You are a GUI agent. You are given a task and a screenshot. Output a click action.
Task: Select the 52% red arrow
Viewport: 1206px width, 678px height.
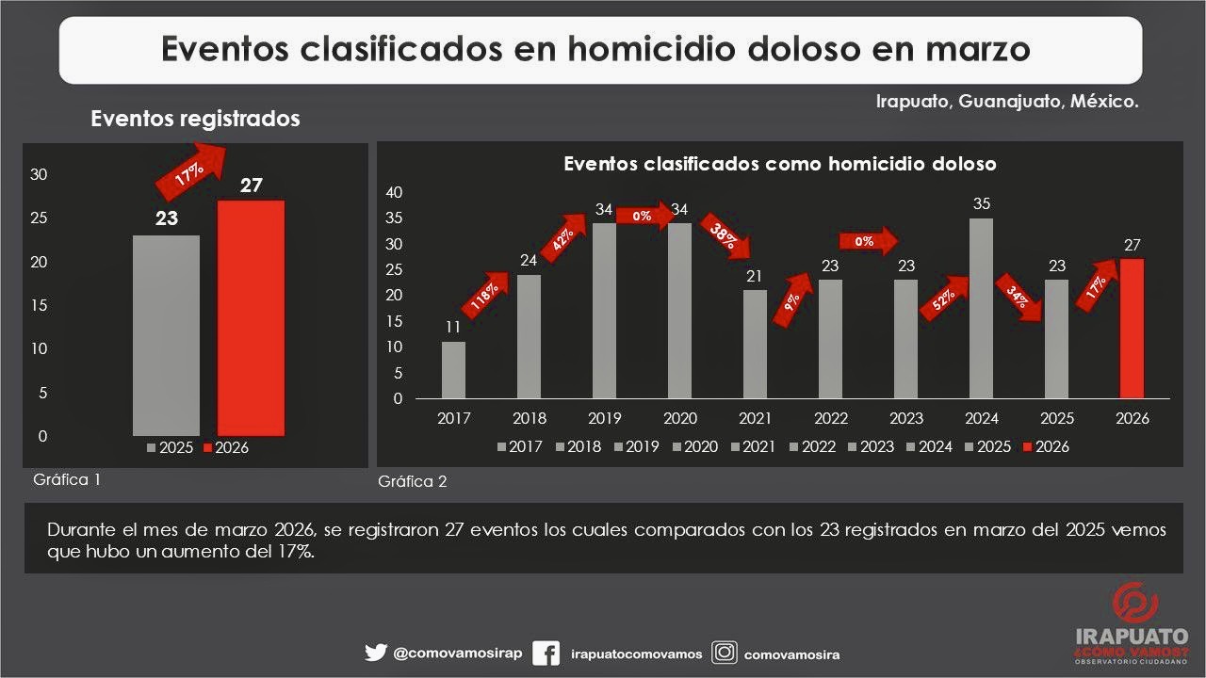(944, 299)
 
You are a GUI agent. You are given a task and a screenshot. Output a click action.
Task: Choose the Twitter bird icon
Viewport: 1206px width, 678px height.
(376, 653)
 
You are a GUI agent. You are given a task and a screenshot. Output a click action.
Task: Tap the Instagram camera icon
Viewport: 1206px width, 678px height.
(724, 653)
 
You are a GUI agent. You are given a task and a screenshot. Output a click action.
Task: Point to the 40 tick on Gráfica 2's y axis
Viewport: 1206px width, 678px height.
(395, 192)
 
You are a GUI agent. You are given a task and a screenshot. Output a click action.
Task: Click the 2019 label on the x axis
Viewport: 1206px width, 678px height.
(604, 419)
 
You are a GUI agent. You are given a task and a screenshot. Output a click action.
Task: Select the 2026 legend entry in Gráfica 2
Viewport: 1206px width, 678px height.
(1045, 447)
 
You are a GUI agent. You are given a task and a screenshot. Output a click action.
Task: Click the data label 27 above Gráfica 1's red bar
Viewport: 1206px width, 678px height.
(251, 186)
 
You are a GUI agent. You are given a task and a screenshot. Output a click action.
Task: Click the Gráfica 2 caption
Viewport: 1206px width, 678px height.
(413, 482)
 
